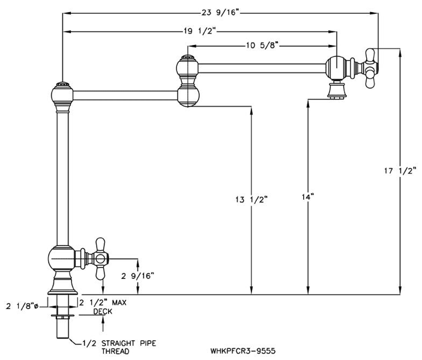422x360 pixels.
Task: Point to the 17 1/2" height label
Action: pos(400,172)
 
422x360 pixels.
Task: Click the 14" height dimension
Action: pos(308,197)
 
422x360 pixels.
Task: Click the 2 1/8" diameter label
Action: pos(22,305)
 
